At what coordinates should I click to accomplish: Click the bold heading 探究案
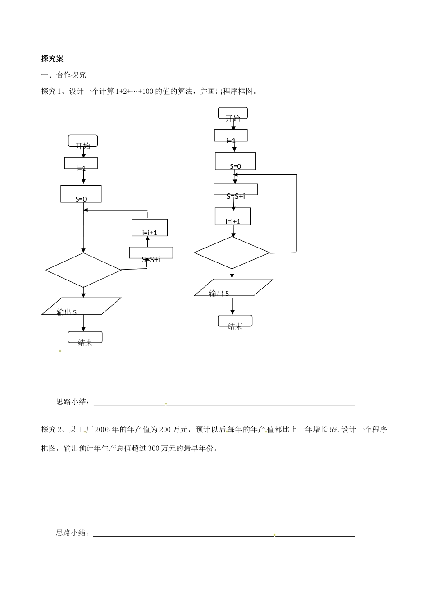[52, 59]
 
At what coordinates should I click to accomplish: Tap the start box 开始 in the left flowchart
[83, 141]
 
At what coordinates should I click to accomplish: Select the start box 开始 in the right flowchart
[233, 113]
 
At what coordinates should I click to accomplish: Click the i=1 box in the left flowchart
[81, 163]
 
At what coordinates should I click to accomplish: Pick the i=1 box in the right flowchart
[231, 135]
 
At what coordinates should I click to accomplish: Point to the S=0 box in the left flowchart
[81, 194]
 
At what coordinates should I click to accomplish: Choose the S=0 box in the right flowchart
[235, 161]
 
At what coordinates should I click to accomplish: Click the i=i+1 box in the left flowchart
[150, 228]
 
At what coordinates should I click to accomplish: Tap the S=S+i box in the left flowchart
[151, 253]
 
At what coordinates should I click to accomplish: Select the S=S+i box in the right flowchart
[236, 189]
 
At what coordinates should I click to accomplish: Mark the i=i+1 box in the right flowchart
[233, 216]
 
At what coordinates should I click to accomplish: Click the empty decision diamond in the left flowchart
[83, 270]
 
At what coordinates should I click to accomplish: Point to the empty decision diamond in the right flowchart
[232, 252]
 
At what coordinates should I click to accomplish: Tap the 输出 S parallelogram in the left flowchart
[82, 306]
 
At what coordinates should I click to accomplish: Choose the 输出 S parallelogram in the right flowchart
[234, 288]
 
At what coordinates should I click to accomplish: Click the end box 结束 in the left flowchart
[85, 337]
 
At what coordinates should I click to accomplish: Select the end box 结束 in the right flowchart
[235, 321]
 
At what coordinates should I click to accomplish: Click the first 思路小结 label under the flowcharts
[72, 402]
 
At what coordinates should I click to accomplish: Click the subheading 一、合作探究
[64, 75]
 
